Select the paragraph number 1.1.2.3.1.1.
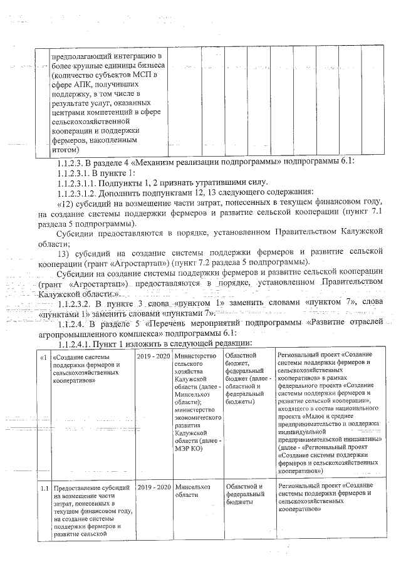click(x=81, y=182)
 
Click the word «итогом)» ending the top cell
click(x=65, y=149)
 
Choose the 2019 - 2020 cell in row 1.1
click(x=154, y=486)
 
